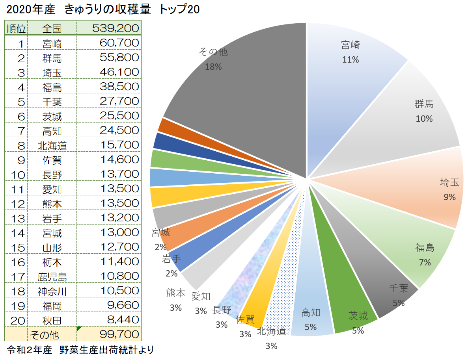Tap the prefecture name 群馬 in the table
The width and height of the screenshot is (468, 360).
click(52, 58)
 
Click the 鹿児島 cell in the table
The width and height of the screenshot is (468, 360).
click(52, 276)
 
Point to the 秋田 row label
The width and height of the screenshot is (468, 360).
click(52, 320)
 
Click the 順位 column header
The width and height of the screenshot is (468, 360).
click(16, 28)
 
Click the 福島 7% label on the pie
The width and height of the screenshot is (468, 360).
click(425, 254)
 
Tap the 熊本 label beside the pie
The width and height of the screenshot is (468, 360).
click(175, 293)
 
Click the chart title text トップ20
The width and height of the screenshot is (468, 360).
click(179, 10)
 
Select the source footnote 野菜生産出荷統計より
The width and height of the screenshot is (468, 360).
click(106, 350)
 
